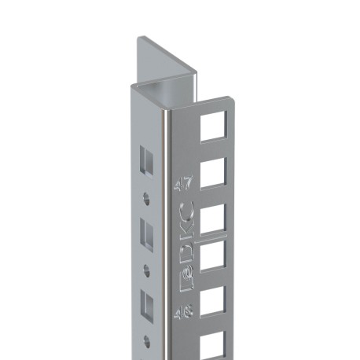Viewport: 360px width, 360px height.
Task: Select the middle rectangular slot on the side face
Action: point(146,233)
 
